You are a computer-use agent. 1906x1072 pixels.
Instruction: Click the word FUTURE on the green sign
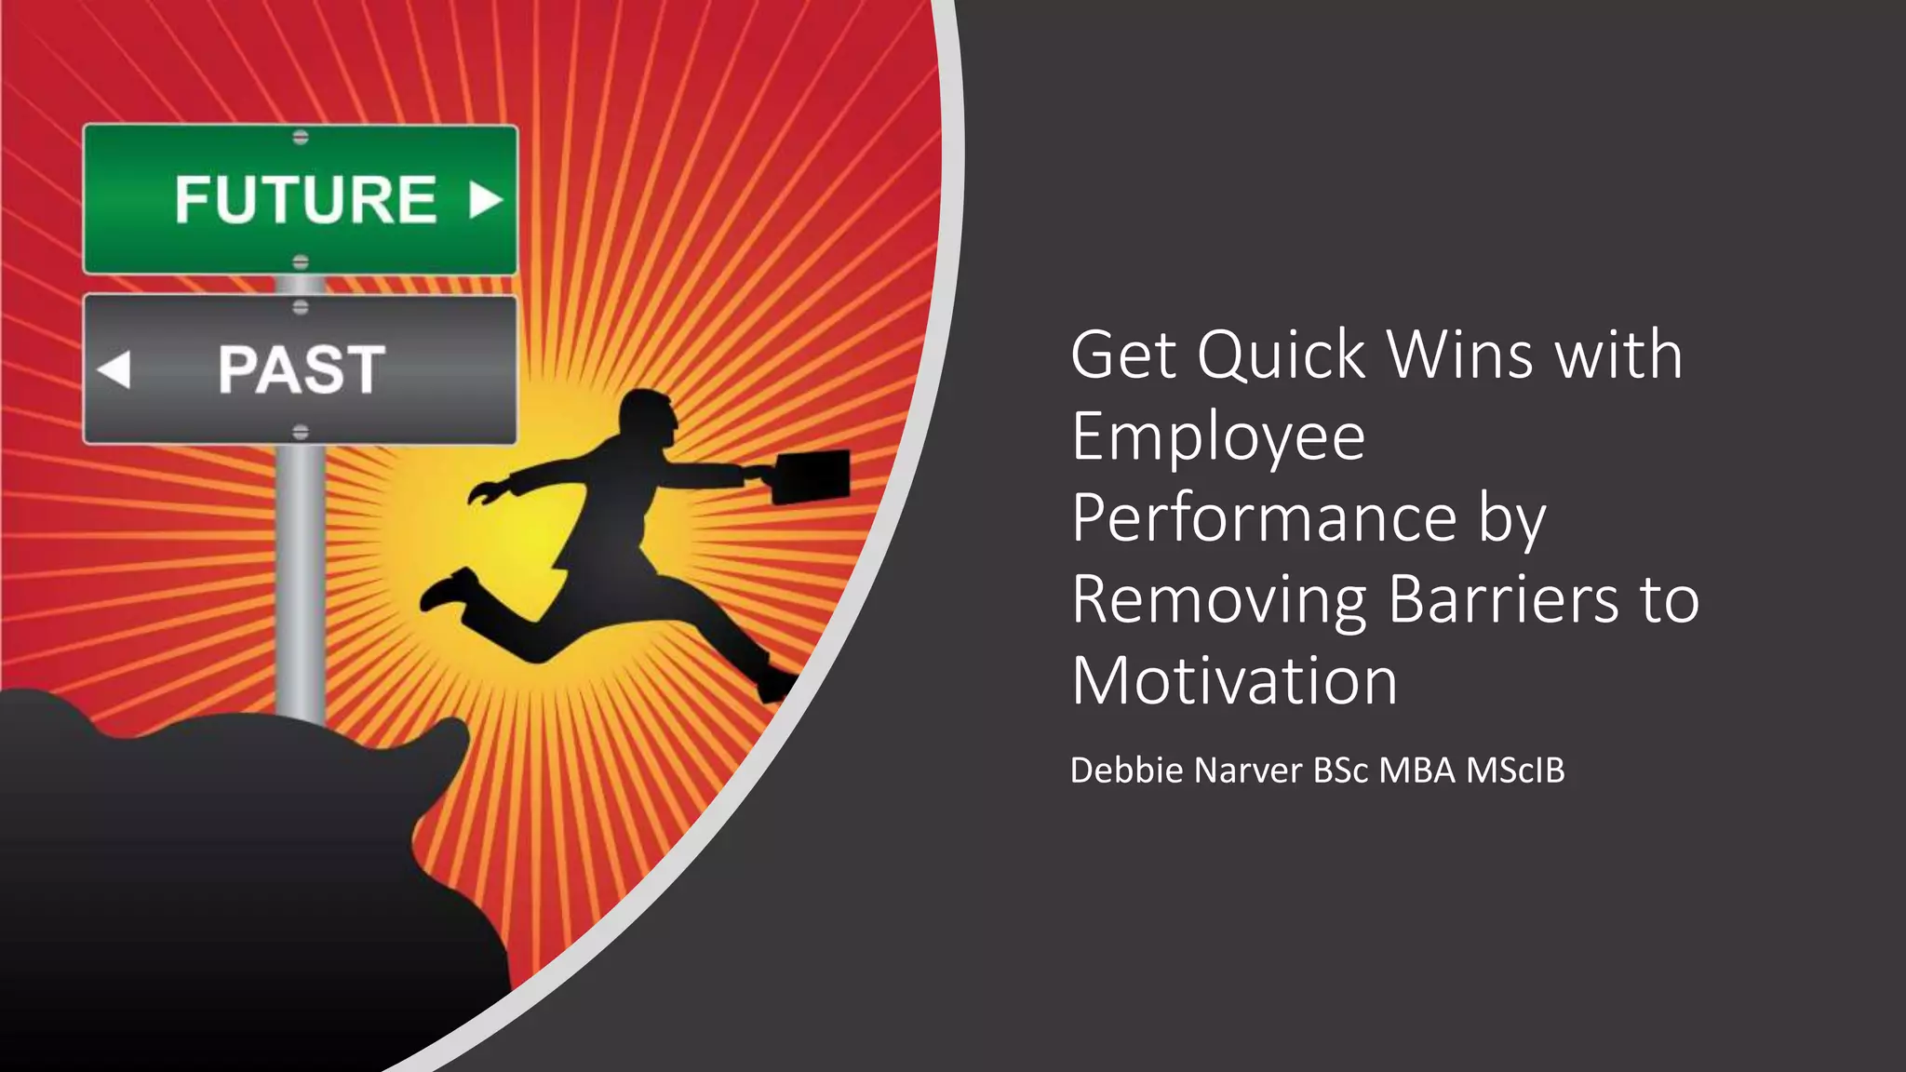(x=305, y=200)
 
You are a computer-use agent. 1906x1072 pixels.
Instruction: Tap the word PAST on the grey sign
(x=302, y=369)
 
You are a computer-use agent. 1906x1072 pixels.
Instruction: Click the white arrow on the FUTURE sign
(x=485, y=199)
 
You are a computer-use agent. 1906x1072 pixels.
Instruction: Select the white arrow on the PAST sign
(x=114, y=369)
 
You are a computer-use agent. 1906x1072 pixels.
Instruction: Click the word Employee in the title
(x=1218, y=436)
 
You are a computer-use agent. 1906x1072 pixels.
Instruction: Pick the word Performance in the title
(x=1264, y=518)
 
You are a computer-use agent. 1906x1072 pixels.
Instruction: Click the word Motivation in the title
(x=1234, y=681)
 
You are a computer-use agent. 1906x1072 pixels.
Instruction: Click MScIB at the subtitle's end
(x=1515, y=770)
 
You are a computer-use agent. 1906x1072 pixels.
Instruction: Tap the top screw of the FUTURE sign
(x=301, y=138)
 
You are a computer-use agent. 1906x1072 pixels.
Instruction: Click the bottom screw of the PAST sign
(x=301, y=432)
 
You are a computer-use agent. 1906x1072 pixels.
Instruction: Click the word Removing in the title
(x=1218, y=599)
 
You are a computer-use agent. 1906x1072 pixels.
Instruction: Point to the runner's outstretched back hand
(x=483, y=493)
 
